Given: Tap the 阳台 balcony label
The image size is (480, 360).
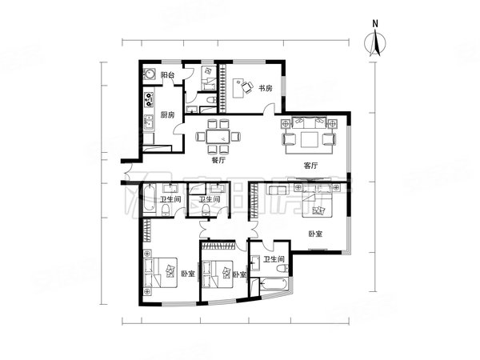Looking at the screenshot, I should coord(168,75).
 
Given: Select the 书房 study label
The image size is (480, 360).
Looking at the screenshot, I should coord(264,88).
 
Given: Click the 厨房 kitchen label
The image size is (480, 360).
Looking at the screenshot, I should coord(167,114).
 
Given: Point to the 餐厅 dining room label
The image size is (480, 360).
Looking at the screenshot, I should coord(218,160).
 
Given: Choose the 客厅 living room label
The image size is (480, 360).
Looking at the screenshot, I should coord(311,166).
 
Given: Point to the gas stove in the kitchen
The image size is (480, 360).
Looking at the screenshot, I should coord(149,101).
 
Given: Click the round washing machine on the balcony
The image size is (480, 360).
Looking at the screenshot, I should coord(150,75).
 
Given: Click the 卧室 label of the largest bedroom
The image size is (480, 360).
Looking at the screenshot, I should coord(315,234).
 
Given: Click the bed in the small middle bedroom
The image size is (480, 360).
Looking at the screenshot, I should coord(218,274).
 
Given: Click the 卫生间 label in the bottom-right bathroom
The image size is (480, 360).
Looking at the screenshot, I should coord(273,259).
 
